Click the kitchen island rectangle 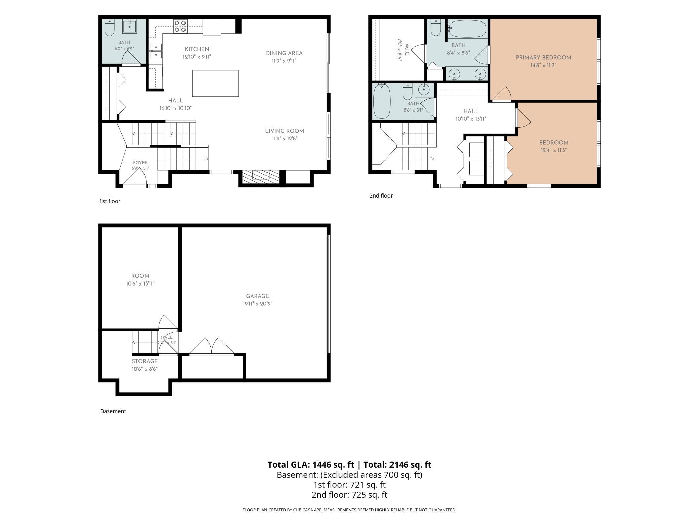[x=215, y=83]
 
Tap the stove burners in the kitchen [x=180, y=26]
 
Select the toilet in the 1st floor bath [x=110, y=28]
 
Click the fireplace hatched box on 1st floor [x=261, y=177]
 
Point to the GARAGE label [x=257, y=296]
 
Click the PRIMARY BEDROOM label [x=543, y=58]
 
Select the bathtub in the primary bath [x=467, y=29]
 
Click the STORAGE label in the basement [x=145, y=361]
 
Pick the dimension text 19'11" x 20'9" [x=257, y=304]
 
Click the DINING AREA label [x=284, y=53]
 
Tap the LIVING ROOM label [x=285, y=131]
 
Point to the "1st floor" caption [x=110, y=201]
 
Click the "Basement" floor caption [x=113, y=411]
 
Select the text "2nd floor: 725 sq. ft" [x=349, y=495]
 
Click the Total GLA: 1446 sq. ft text [x=311, y=465]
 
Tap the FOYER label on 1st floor [x=140, y=163]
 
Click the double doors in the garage [x=211, y=346]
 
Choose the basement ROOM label [x=140, y=276]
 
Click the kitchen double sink [x=156, y=51]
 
